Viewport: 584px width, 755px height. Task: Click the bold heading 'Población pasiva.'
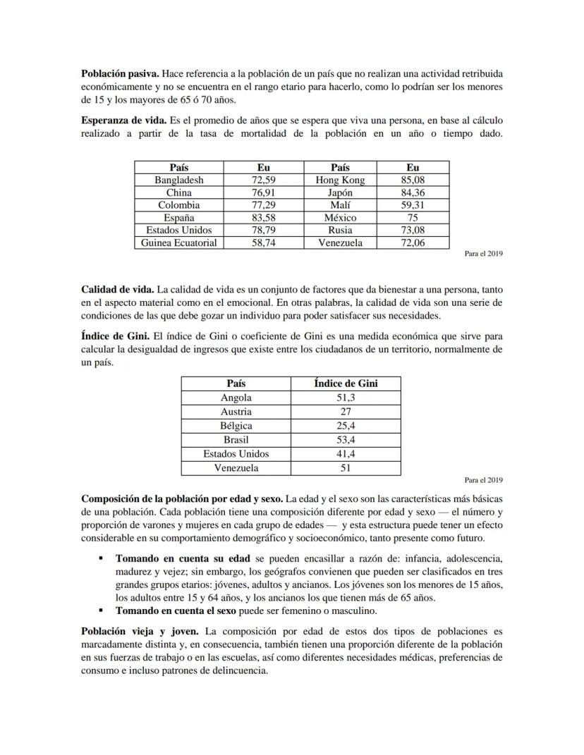point(119,73)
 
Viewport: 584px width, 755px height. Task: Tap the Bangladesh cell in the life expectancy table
point(179,180)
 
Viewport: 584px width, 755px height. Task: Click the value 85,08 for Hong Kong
point(413,180)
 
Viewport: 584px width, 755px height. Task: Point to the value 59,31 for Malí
point(413,205)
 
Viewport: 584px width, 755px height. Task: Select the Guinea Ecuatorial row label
point(179,243)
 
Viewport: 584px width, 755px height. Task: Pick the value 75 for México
point(413,218)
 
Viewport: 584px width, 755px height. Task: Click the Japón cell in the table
point(340,192)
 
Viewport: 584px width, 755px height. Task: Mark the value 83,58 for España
point(263,218)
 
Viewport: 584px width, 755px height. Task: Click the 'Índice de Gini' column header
point(346,383)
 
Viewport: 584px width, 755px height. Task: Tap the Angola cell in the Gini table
point(236,398)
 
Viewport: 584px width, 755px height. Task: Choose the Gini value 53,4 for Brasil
point(346,440)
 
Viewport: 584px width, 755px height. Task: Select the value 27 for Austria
point(346,412)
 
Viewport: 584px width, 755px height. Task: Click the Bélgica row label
point(236,426)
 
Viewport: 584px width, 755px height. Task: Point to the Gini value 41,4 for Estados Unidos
point(346,454)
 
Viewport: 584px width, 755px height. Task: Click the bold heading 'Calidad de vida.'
point(118,289)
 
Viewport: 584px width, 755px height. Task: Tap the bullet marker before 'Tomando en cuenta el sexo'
point(102,610)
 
